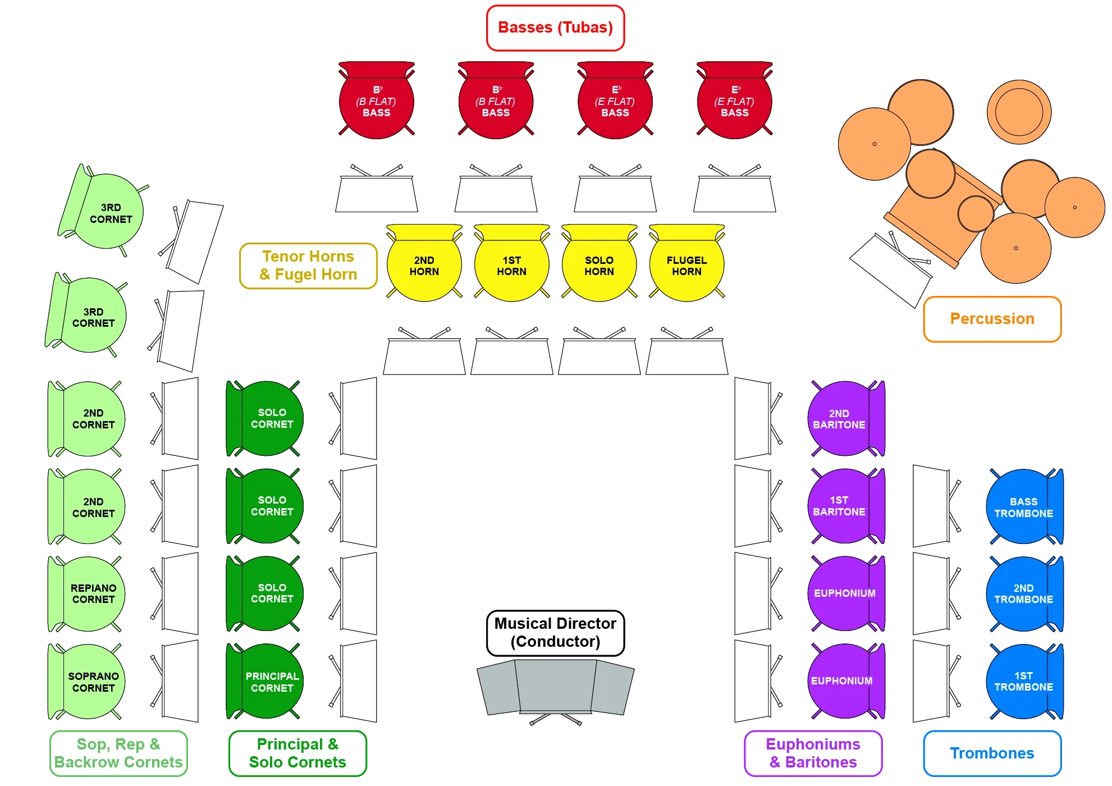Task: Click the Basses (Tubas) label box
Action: point(555,28)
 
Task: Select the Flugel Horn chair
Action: point(687,265)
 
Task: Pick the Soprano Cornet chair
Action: point(90,681)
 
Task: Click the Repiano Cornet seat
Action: point(90,593)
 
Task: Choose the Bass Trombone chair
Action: point(1023,507)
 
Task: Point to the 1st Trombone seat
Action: point(1023,681)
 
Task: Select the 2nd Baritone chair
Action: point(842,419)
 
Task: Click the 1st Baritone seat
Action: point(842,505)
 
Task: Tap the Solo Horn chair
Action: point(599,265)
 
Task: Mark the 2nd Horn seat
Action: point(424,265)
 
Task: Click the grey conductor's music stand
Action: point(555,688)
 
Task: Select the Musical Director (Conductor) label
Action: point(555,632)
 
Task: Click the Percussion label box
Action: point(991,319)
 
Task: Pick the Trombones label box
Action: point(991,753)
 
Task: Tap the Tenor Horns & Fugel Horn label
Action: point(308,266)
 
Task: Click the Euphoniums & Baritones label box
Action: point(812,753)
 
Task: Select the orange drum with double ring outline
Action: point(1019,112)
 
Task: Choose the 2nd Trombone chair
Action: point(1023,593)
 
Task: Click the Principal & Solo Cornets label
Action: point(298,753)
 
